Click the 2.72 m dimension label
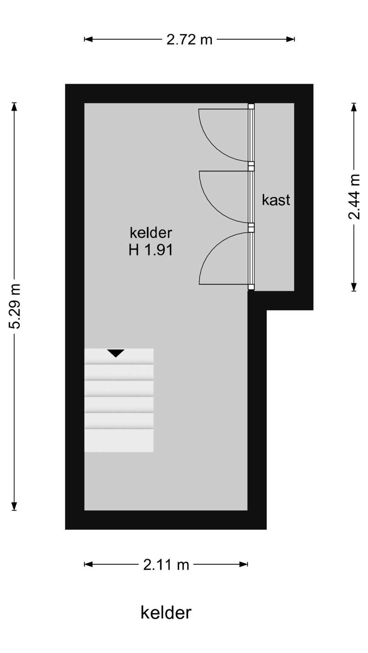coord(189,40)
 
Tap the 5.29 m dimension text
coord(15,306)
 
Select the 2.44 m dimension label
coord(354,197)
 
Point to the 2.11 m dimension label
coord(166,565)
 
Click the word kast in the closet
coord(276,200)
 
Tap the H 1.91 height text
coord(151,250)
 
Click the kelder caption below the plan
coord(166,613)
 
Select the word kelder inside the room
coord(151,233)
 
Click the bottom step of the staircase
coord(119,440)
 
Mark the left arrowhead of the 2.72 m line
coord(88,39)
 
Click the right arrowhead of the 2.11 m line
coord(244,565)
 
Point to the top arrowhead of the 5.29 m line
coord(14,106)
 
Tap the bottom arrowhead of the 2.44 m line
coord(354,287)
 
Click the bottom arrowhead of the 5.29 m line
coord(14,506)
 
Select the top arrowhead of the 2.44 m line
coord(354,107)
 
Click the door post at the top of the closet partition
coord(251,106)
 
